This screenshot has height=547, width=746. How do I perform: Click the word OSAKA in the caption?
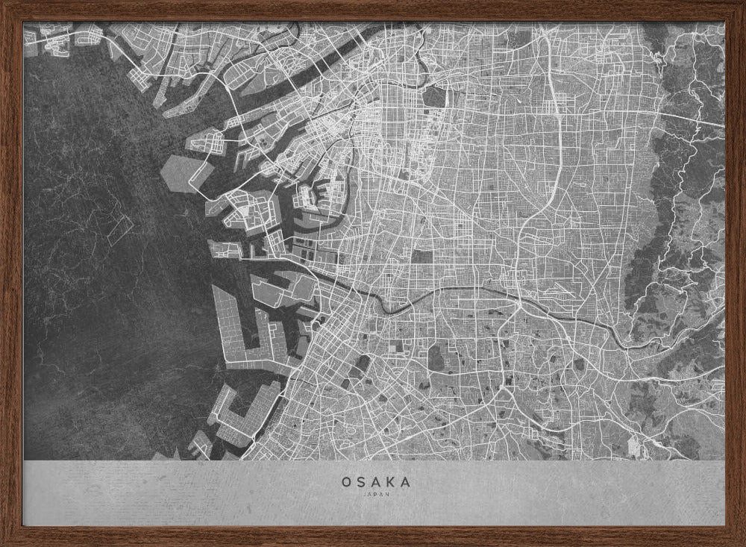376,482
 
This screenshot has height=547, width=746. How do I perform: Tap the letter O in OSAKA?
347,482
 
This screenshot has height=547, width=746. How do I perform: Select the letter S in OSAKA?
362,482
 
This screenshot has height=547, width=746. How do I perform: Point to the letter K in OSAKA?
391,482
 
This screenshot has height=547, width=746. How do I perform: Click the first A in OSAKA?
376,482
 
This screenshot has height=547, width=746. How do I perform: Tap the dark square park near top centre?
435,97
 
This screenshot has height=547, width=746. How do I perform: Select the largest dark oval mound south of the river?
363,365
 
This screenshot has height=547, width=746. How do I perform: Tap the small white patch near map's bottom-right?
634,446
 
